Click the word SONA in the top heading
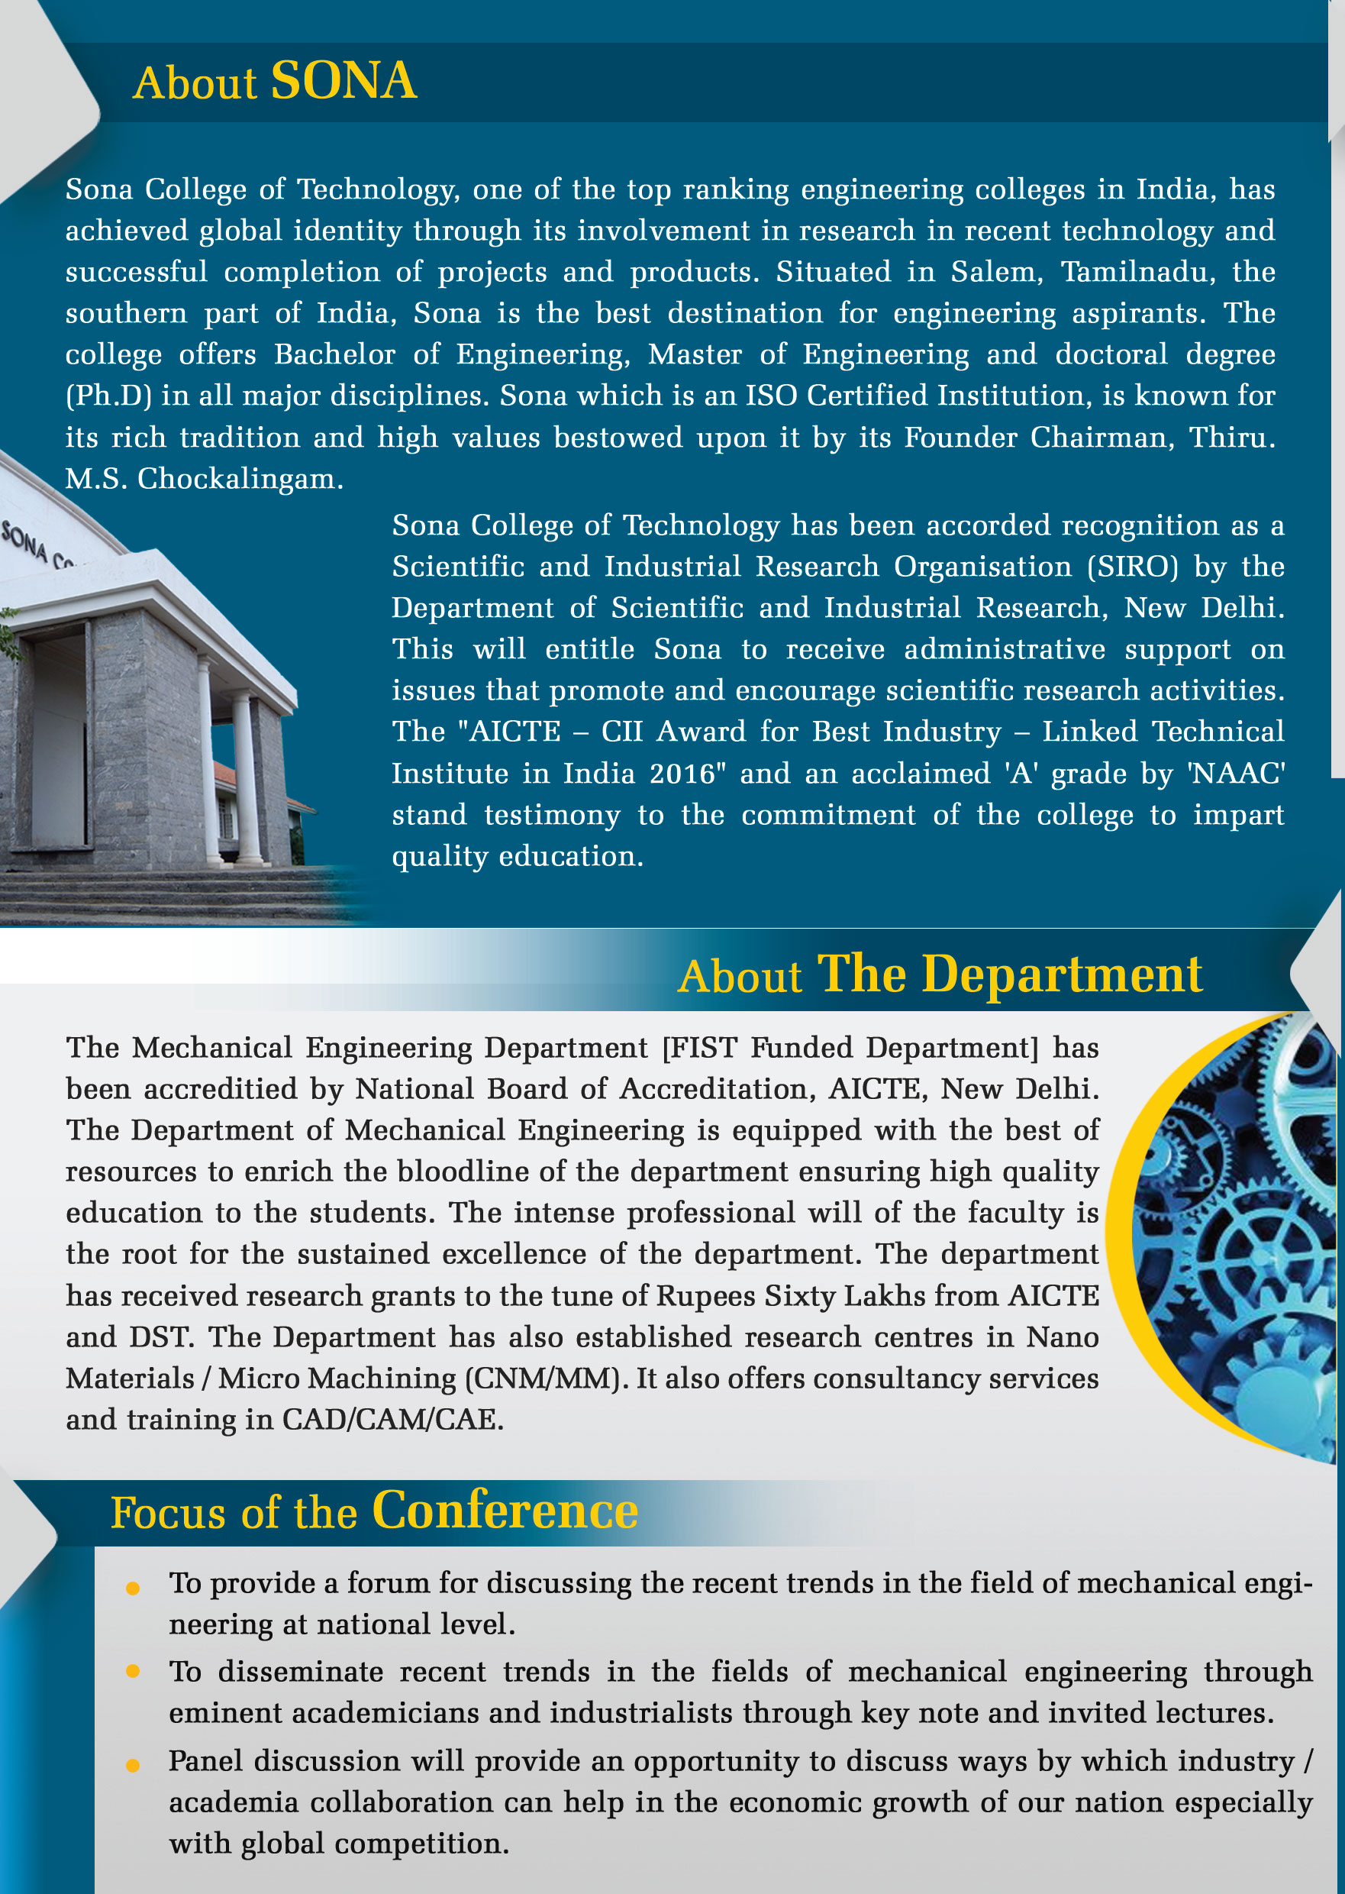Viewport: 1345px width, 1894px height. (344, 82)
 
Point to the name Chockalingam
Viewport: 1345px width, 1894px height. (240, 479)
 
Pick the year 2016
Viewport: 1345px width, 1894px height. (682, 774)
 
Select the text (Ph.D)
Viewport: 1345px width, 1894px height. (108, 396)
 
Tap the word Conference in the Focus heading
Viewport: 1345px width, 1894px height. (505, 1511)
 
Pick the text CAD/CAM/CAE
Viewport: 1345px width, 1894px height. (392, 1420)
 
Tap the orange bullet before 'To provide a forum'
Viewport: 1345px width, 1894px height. (133, 1589)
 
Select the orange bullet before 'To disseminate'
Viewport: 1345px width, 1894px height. (133, 1672)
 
